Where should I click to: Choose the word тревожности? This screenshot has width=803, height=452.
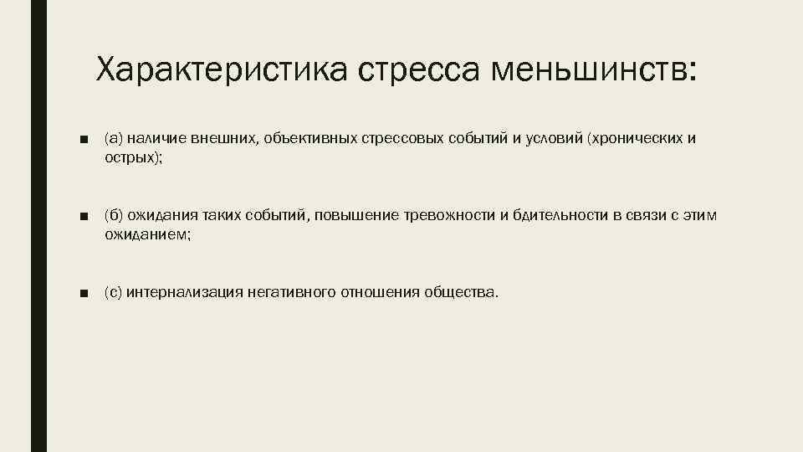pos(451,217)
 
